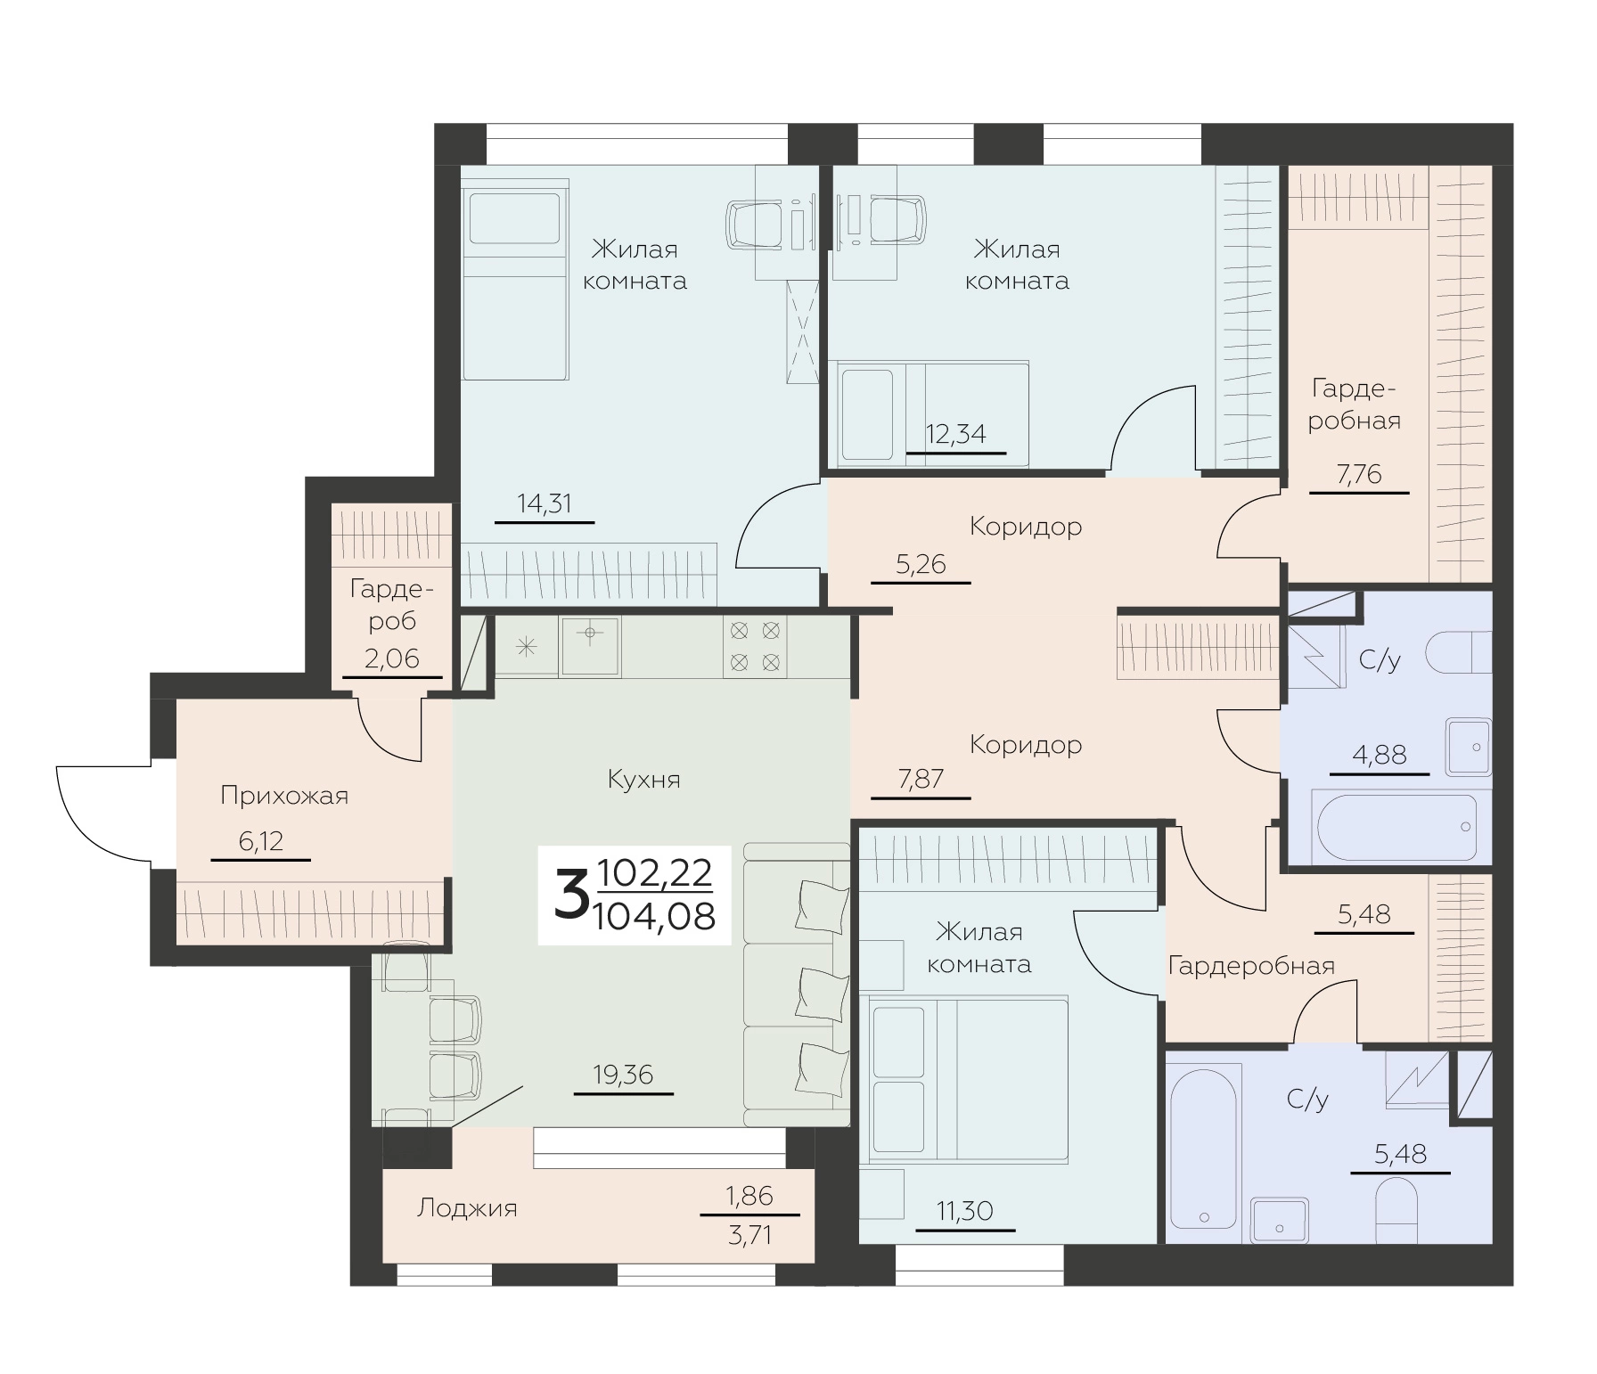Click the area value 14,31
(545, 503)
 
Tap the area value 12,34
(956, 435)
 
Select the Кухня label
(643, 780)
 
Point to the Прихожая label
(284, 796)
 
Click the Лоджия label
(467, 1208)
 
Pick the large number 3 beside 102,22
(571, 896)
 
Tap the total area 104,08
(654, 915)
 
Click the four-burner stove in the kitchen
(755, 647)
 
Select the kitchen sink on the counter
(590, 647)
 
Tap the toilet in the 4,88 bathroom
(1459, 652)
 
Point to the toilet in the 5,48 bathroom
(1396, 1211)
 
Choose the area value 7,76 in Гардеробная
(1358, 475)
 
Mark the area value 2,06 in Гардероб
(391, 658)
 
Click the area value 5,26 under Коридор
(921, 564)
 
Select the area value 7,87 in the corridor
(921, 780)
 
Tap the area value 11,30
(964, 1211)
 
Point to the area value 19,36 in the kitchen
(623, 1075)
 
